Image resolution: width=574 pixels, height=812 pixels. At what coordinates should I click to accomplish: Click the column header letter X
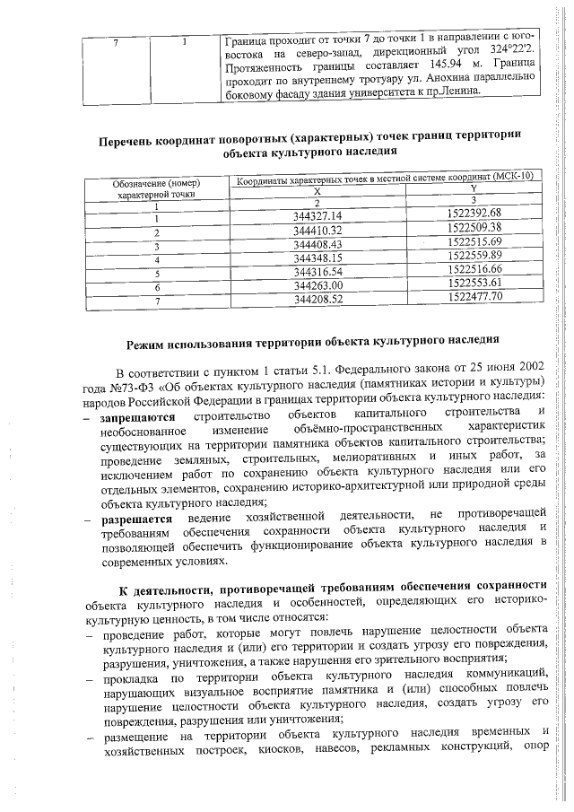(x=317, y=192)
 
